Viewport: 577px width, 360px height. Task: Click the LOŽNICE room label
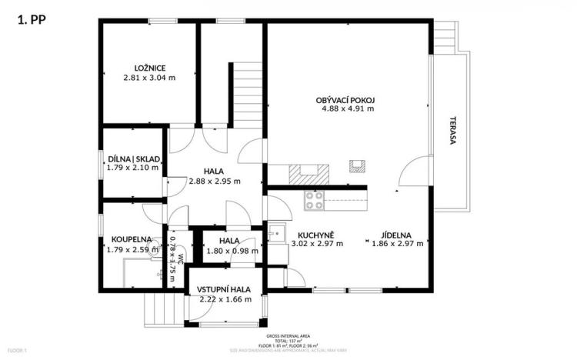(149, 68)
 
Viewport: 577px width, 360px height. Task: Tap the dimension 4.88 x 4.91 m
(348, 108)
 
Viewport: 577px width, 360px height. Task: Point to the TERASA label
(454, 132)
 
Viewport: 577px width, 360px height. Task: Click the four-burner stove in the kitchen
(314, 201)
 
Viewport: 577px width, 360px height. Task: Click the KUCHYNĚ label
(316, 235)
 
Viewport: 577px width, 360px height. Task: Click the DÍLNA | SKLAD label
(134, 158)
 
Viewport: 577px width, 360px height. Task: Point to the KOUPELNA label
(129, 239)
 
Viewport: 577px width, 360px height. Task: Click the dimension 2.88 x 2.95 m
(215, 182)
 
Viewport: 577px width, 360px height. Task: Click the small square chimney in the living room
(356, 165)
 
